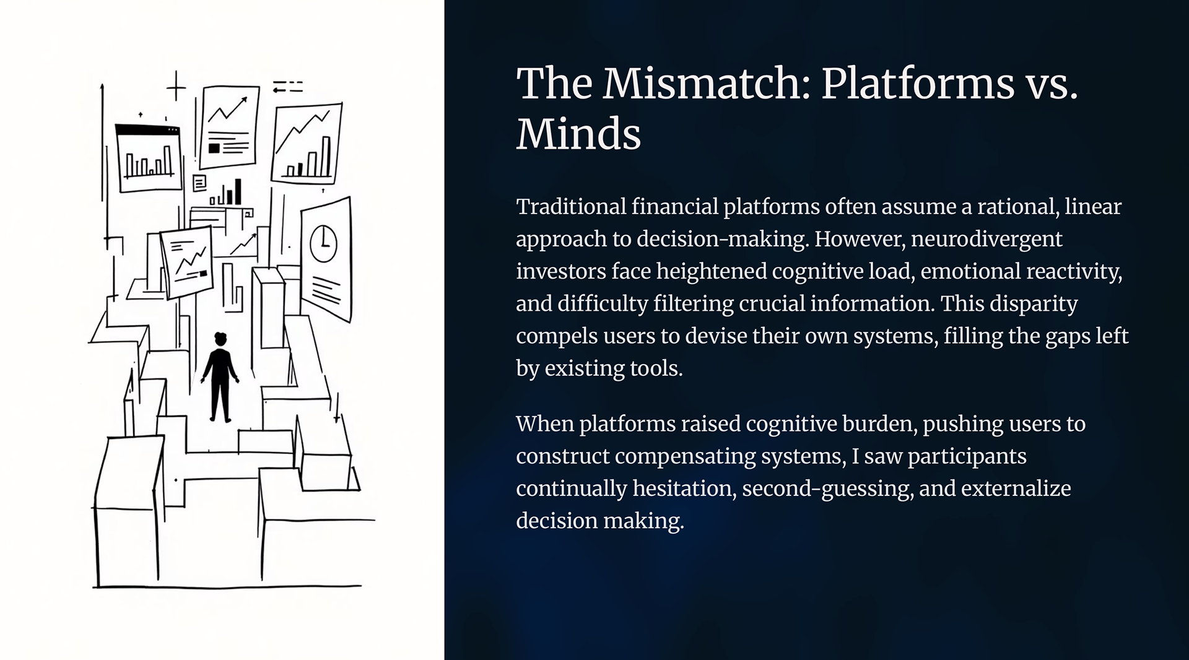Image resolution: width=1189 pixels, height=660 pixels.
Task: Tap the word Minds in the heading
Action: tap(578, 134)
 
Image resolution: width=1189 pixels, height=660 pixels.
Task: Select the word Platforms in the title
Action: tap(918, 84)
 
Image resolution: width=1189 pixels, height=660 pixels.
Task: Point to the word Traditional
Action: tap(570, 207)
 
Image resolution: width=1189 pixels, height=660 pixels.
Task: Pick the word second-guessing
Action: tap(827, 488)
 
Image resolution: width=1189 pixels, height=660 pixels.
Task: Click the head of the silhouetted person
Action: tap(220, 340)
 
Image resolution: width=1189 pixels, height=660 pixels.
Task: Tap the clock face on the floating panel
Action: tap(323, 243)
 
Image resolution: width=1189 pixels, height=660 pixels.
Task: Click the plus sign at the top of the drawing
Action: tap(176, 86)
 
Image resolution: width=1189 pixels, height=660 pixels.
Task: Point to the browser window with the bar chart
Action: tap(149, 158)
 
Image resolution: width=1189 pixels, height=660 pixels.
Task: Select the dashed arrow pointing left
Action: tap(287, 87)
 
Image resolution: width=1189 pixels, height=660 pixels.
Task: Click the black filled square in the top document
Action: tap(214, 148)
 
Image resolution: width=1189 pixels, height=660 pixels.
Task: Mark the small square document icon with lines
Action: tap(199, 183)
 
